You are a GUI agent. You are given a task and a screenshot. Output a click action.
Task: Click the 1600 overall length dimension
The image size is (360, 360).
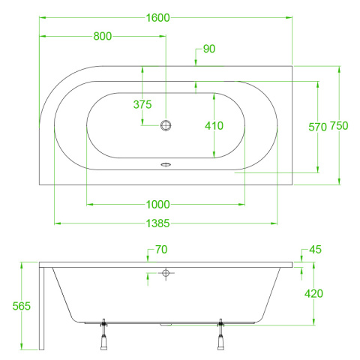pos(157,18)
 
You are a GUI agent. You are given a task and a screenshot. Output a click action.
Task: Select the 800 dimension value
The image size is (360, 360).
pos(103,36)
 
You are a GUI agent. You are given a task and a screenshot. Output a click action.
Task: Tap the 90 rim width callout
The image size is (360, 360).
pos(209,49)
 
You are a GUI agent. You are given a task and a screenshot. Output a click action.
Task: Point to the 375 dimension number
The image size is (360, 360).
pos(142,104)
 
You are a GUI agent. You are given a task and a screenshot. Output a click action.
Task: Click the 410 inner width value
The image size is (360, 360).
pos(214,126)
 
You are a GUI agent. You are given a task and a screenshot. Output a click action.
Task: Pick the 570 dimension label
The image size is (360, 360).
pos(317,127)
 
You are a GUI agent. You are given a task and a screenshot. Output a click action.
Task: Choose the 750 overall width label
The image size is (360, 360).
pos(339,126)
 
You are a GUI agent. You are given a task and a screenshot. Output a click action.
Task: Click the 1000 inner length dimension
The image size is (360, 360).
pos(157,205)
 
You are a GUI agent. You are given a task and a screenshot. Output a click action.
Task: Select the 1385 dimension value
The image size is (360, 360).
pos(157,223)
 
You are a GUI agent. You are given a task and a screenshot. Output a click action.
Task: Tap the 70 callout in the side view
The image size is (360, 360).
pos(161,250)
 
